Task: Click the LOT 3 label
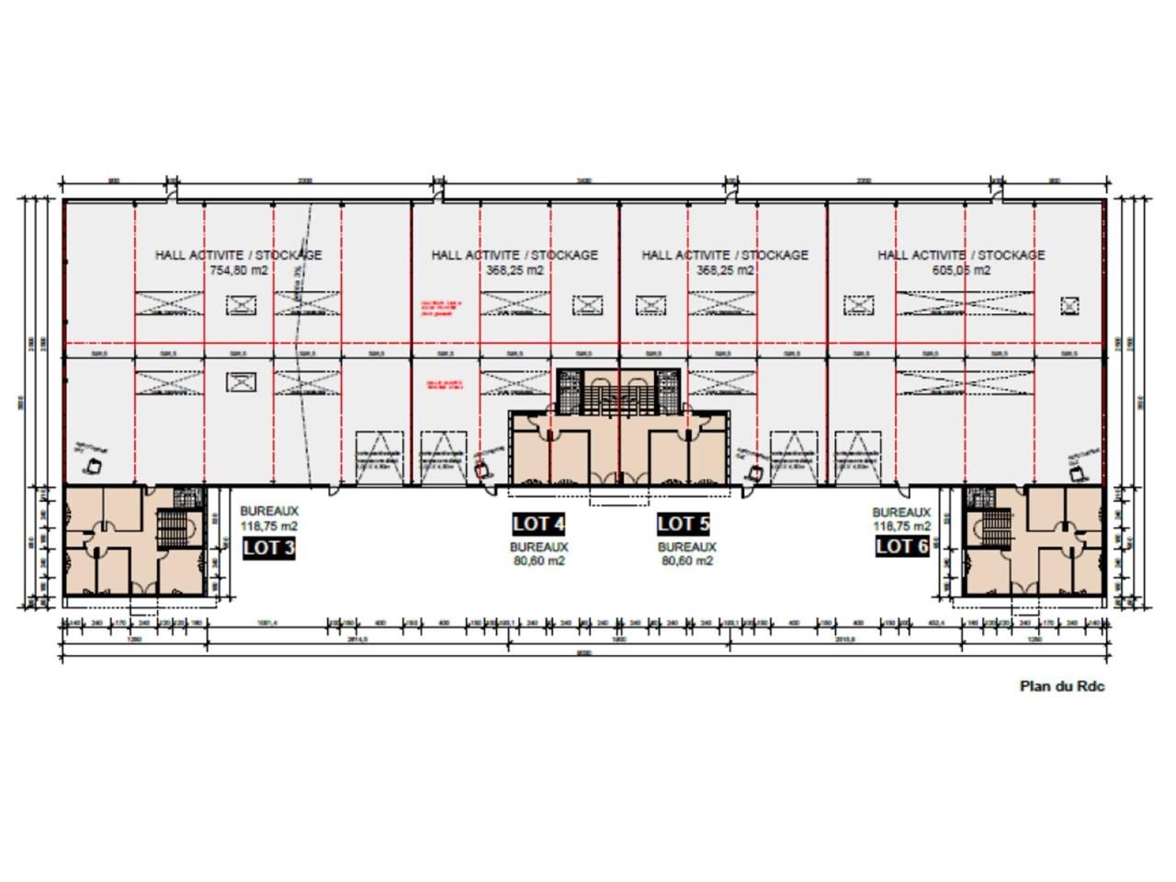click(x=269, y=548)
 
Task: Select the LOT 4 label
click(x=538, y=524)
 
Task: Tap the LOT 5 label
click(x=684, y=524)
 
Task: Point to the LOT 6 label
click(x=902, y=547)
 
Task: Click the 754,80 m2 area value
click(x=238, y=270)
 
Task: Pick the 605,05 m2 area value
click(x=961, y=270)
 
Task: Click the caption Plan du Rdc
click(x=1062, y=685)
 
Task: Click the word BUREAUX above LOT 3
click(x=269, y=512)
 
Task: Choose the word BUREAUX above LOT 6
click(x=901, y=512)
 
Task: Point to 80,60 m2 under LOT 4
click(x=539, y=560)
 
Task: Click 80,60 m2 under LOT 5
click(x=686, y=560)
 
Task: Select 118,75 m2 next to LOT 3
click(x=269, y=526)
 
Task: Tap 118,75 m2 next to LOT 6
click(x=901, y=526)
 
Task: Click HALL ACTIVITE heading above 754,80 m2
click(x=238, y=254)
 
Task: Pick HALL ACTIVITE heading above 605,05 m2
click(x=961, y=254)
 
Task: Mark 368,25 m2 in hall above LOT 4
click(x=514, y=270)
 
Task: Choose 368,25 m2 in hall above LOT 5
click(x=725, y=270)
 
